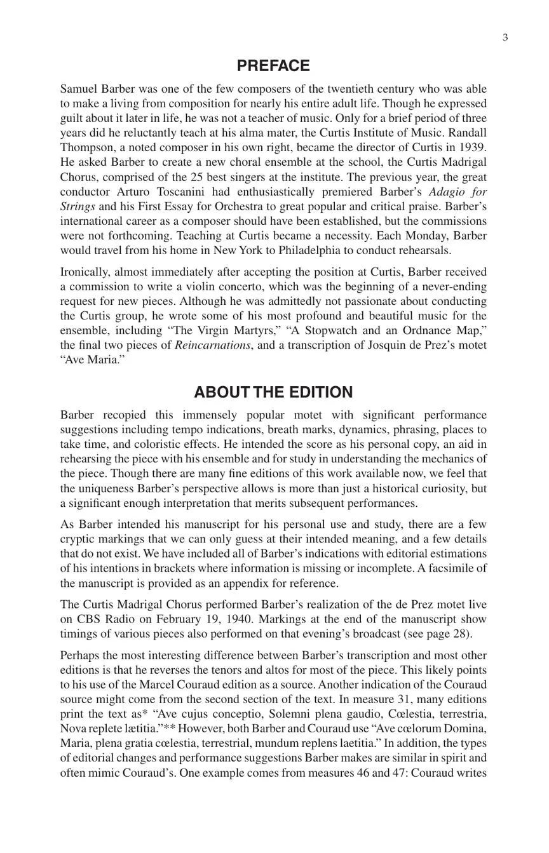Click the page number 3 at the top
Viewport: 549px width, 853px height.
coord(505,37)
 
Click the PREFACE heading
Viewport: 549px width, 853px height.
coord(273,66)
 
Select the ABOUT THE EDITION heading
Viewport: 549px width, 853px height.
coord(273,392)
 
